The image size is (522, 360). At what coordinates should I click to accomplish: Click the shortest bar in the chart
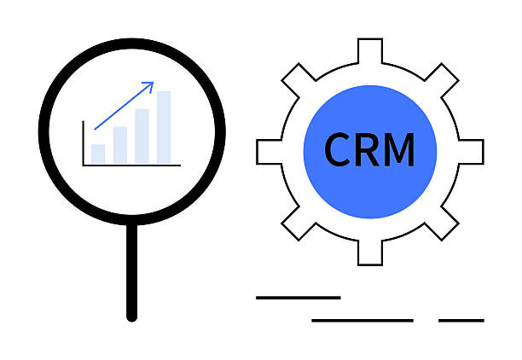click(x=98, y=154)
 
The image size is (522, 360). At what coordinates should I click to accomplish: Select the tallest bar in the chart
click(x=164, y=128)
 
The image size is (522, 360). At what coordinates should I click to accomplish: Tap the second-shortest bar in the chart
click(x=120, y=145)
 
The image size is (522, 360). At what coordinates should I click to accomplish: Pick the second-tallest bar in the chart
click(x=142, y=136)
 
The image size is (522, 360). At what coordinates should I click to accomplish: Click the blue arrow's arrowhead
click(x=150, y=85)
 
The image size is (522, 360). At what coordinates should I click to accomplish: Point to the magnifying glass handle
click(x=132, y=272)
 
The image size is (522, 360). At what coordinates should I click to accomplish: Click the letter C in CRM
click(x=337, y=149)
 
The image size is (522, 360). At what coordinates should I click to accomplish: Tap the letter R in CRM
click(x=367, y=149)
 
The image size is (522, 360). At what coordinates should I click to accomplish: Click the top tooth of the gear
click(x=370, y=50)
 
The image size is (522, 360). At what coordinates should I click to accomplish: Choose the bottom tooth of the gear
click(x=370, y=253)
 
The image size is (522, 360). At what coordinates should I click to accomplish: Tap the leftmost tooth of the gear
click(x=269, y=152)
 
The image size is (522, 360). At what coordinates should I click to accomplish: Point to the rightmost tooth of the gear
click(x=472, y=152)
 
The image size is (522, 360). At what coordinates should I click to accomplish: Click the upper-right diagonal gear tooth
click(x=442, y=80)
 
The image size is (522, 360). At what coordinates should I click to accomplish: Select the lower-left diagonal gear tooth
click(x=299, y=224)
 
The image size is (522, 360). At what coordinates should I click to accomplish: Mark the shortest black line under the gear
click(x=461, y=321)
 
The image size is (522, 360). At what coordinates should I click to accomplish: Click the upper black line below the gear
click(x=299, y=298)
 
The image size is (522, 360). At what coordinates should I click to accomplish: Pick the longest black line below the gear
click(x=362, y=321)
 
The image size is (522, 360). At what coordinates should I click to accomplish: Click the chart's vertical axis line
click(x=84, y=142)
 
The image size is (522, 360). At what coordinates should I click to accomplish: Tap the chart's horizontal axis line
click(x=131, y=165)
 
